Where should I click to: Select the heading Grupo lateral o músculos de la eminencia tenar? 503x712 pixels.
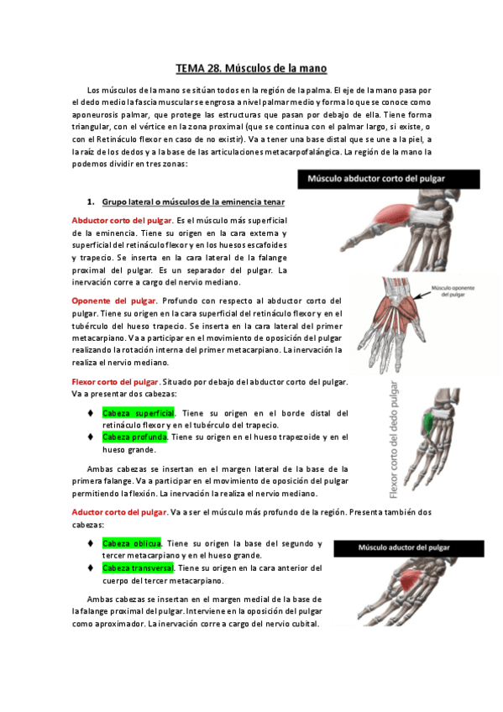pos(193,202)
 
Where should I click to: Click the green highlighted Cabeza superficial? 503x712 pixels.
pos(138,413)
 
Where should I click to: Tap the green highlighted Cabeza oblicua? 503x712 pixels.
pos(131,543)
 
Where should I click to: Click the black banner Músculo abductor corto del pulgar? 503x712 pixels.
pos(388,179)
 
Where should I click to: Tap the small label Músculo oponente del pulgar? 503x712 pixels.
pos(453,292)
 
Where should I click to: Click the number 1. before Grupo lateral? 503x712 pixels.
pos(90,202)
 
